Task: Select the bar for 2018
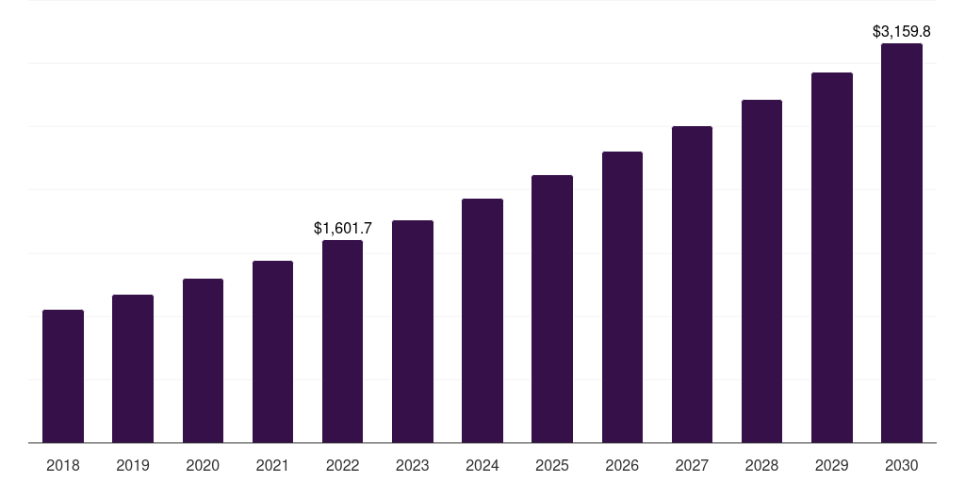pos(63,377)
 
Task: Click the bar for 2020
pos(203,361)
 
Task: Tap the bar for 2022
pos(342,342)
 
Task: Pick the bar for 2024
pos(482,321)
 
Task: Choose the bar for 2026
pos(622,297)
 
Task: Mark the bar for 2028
pos(761,271)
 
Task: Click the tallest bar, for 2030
pos(902,243)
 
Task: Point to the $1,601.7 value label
pos(343,228)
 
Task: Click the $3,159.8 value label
pos(902,31)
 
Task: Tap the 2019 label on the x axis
pos(133,465)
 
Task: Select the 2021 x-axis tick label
pos(272,465)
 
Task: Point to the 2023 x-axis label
pos(413,465)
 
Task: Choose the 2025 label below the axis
pos(552,465)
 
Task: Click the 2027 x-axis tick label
pos(692,465)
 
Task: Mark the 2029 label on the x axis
pos(832,465)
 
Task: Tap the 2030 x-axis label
pos(902,465)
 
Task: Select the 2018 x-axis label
pos(63,465)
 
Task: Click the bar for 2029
pos(832,258)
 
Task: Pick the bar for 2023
pos(413,331)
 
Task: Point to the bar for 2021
pos(272,352)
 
